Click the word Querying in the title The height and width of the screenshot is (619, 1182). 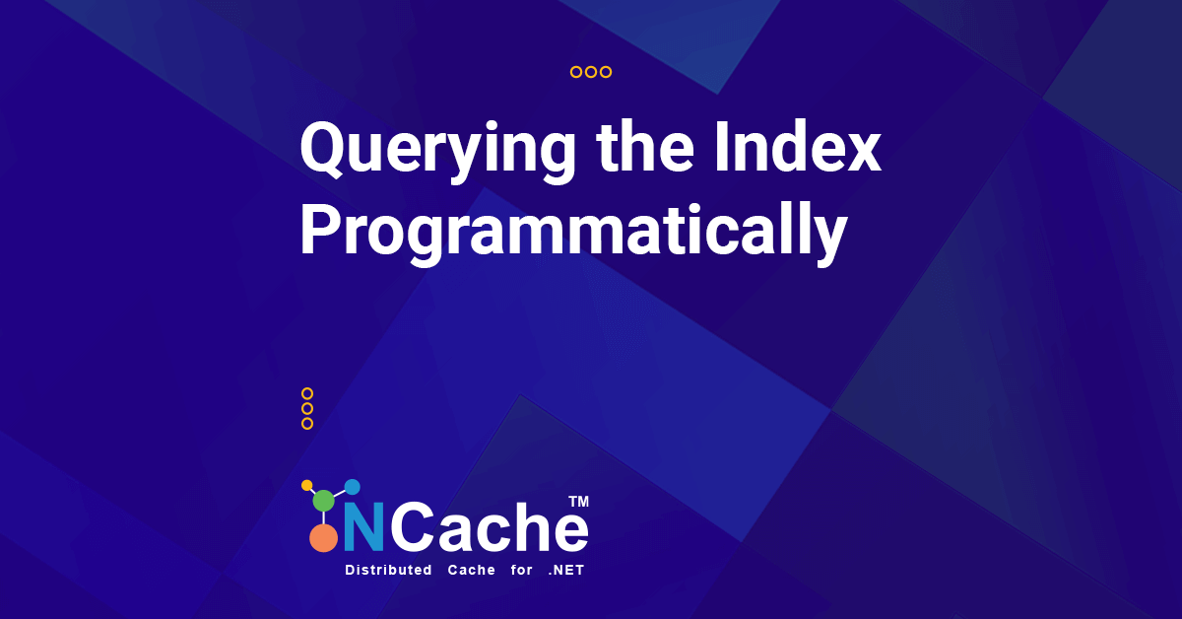coord(437,152)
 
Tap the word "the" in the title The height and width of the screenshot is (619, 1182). coord(645,146)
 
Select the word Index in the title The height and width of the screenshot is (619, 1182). coord(798,146)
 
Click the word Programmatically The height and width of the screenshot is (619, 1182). coord(573,233)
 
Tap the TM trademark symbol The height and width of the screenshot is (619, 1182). coord(578,502)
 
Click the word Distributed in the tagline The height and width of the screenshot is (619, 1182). coord(388,570)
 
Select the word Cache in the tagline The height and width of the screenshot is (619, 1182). coord(471,570)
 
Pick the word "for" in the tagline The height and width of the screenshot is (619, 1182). coord(521,570)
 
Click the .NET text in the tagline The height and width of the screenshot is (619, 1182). coord(566,570)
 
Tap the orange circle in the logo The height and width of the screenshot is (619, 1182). coord(323,538)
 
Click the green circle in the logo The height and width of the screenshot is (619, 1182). coord(323,501)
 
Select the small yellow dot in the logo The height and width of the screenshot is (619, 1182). coord(306,485)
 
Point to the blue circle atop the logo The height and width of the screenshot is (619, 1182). coord(352,487)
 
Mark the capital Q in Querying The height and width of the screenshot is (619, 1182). coord(323,150)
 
